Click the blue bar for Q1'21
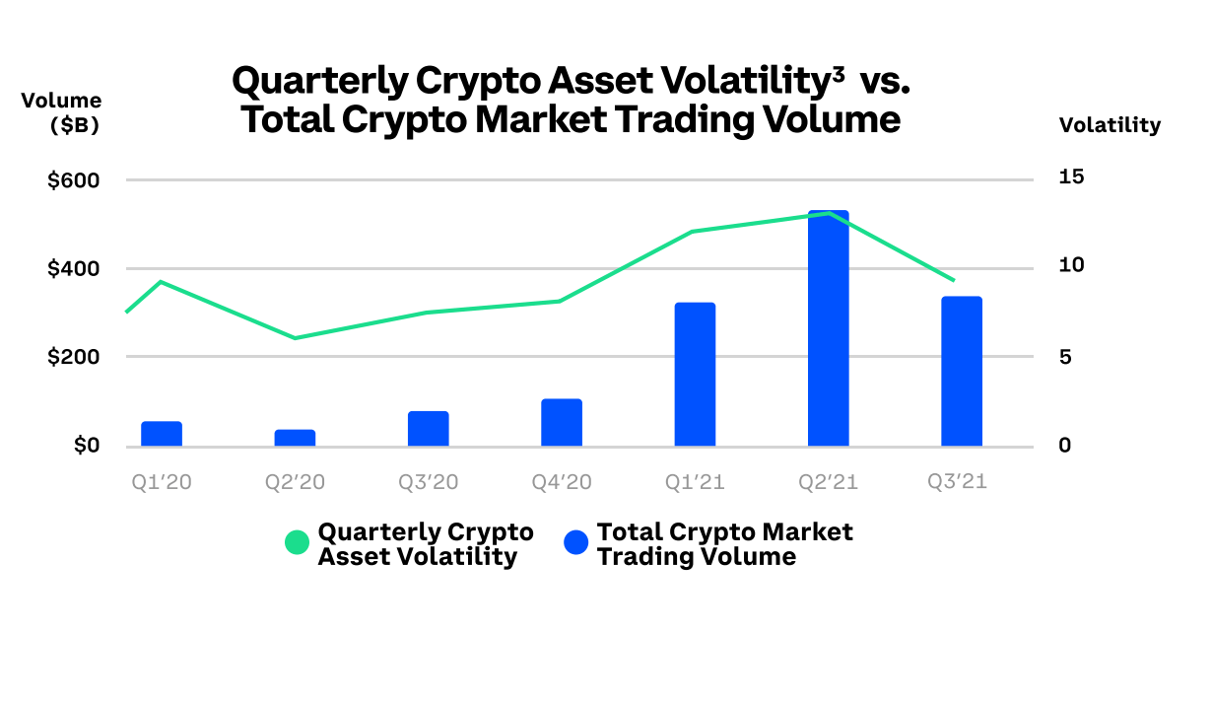(695, 375)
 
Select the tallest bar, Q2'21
(828, 330)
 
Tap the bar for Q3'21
(962, 372)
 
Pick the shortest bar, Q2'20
(295, 438)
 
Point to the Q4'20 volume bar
(562, 423)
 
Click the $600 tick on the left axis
(74, 180)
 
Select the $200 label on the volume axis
(74, 357)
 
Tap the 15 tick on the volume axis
(1072, 177)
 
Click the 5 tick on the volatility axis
(1066, 357)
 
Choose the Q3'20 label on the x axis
(428, 482)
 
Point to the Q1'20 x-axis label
(162, 482)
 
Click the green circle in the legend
(297, 542)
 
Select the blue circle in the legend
(575, 542)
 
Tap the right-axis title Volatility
(1110, 125)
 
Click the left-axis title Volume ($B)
(61, 112)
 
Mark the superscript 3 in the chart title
(838, 72)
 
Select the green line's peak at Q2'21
(828, 213)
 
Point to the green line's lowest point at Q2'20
(295, 338)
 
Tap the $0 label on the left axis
(86, 446)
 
